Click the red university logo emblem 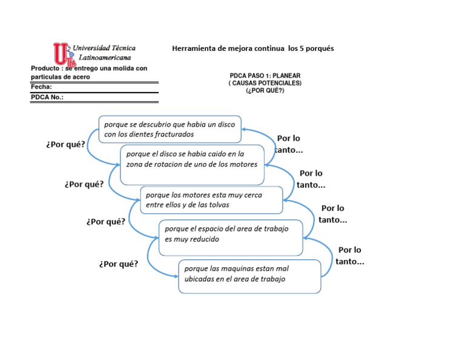pyautogui.click(x=63, y=54)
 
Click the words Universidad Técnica pyautogui.click(x=104, y=48)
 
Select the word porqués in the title pyautogui.click(x=320, y=48)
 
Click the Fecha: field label pyautogui.click(x=42, y=87)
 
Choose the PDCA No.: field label pyautogui.click(x=47, y=97)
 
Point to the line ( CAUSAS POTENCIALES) pyautogui.click(x=265, y=83)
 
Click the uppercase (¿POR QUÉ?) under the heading pyautogui.click(x=265, y=90)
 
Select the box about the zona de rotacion pyautogui.click(x=192, y=164)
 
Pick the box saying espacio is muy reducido pyautogui.click(x=230, y=238)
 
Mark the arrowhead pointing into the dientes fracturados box pyautogui.click(x=244, y=128)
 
